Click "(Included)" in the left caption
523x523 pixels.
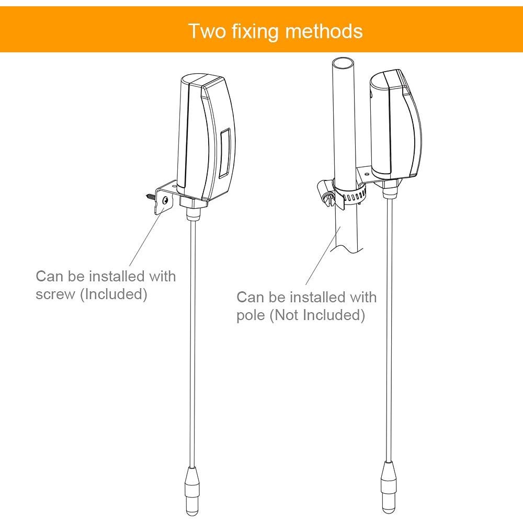[113, 294]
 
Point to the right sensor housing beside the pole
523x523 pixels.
[395, 126]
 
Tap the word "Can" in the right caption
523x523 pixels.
[250, 297]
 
